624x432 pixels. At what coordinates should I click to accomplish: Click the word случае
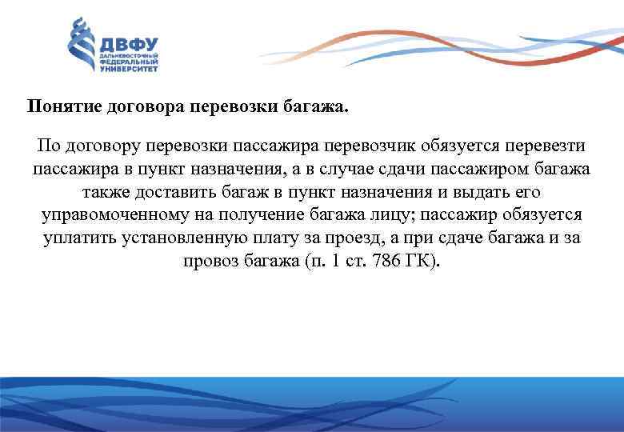pos(323,170)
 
